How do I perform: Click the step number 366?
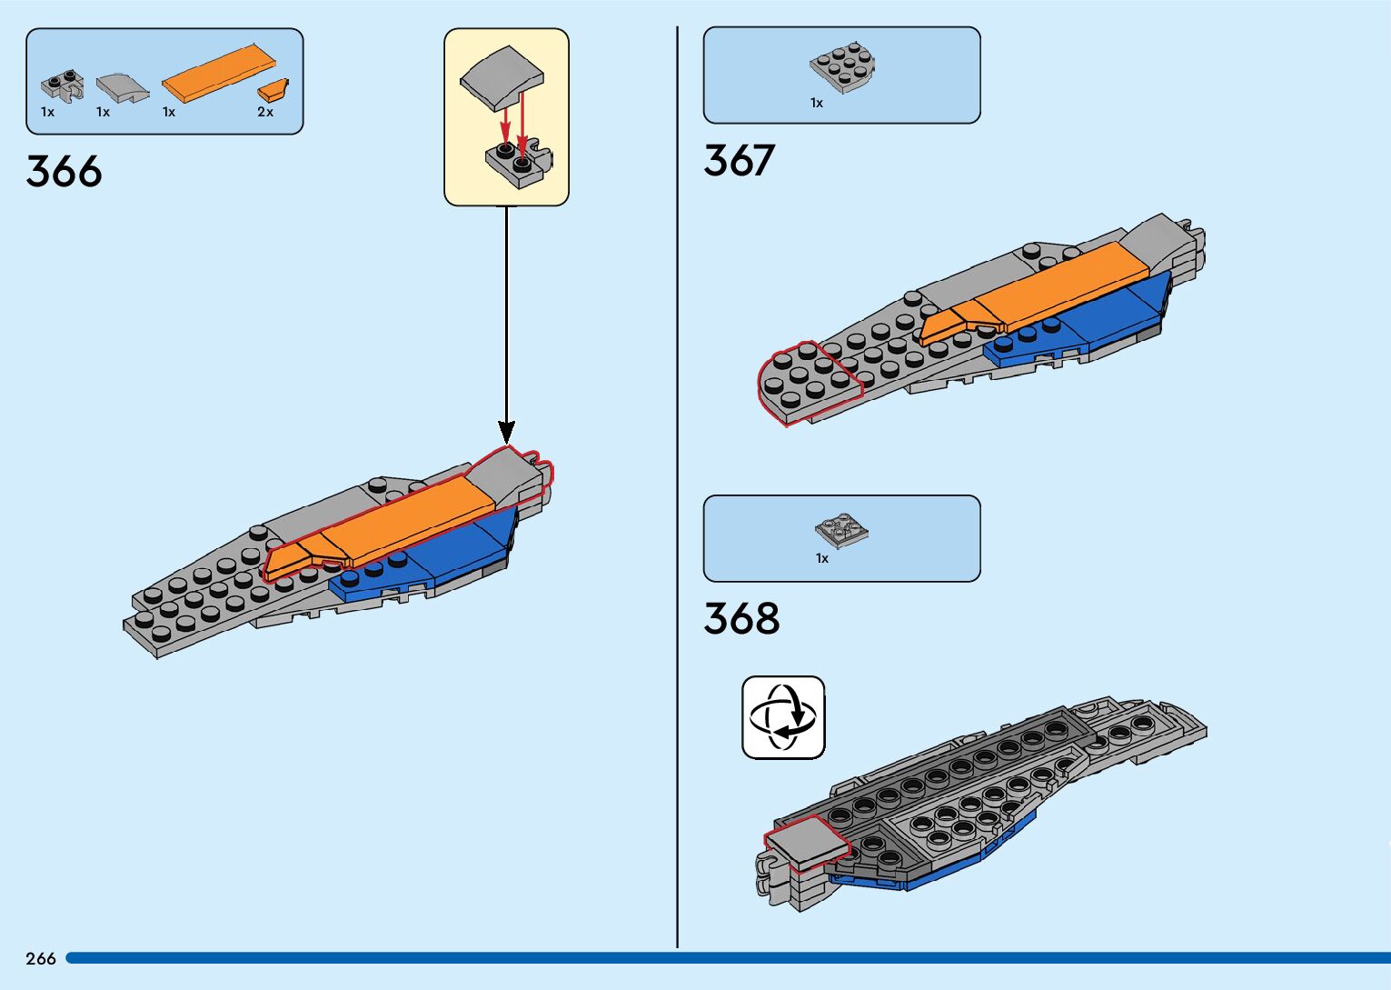[64, 171]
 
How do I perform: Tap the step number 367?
[739, 161]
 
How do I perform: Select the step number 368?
[741, 619]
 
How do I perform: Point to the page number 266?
[41, 958]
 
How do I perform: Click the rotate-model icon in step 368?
[783, 716]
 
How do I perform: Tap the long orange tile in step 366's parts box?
[219, 72]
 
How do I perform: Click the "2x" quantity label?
[265, 112]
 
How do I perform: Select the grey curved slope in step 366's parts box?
[122, 87]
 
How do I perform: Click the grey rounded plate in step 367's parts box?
[842, 69]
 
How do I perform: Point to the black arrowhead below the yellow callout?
[506, 431]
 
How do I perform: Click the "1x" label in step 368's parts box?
[821, 558]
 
